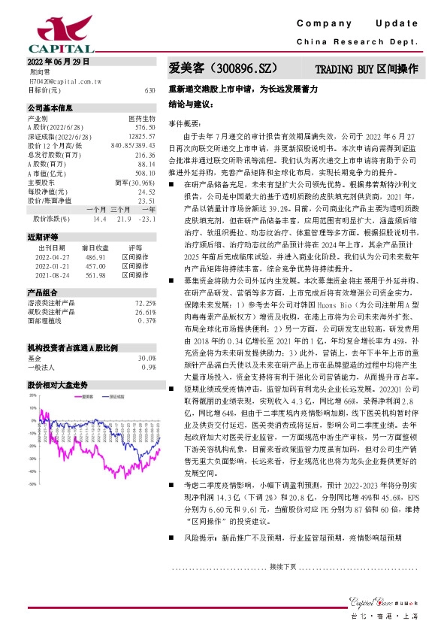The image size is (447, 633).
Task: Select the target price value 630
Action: pyautogui.click(x=150, y=89)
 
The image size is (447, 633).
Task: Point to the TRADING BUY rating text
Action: pyautogui.click(x=366, y=68)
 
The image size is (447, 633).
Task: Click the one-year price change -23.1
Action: pyautogui.click(x=146, y=219)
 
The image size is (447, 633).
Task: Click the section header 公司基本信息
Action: pyautogui.click(x=46, y=108)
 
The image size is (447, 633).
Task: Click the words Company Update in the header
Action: pyautogui.click(x=371, y=25)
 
